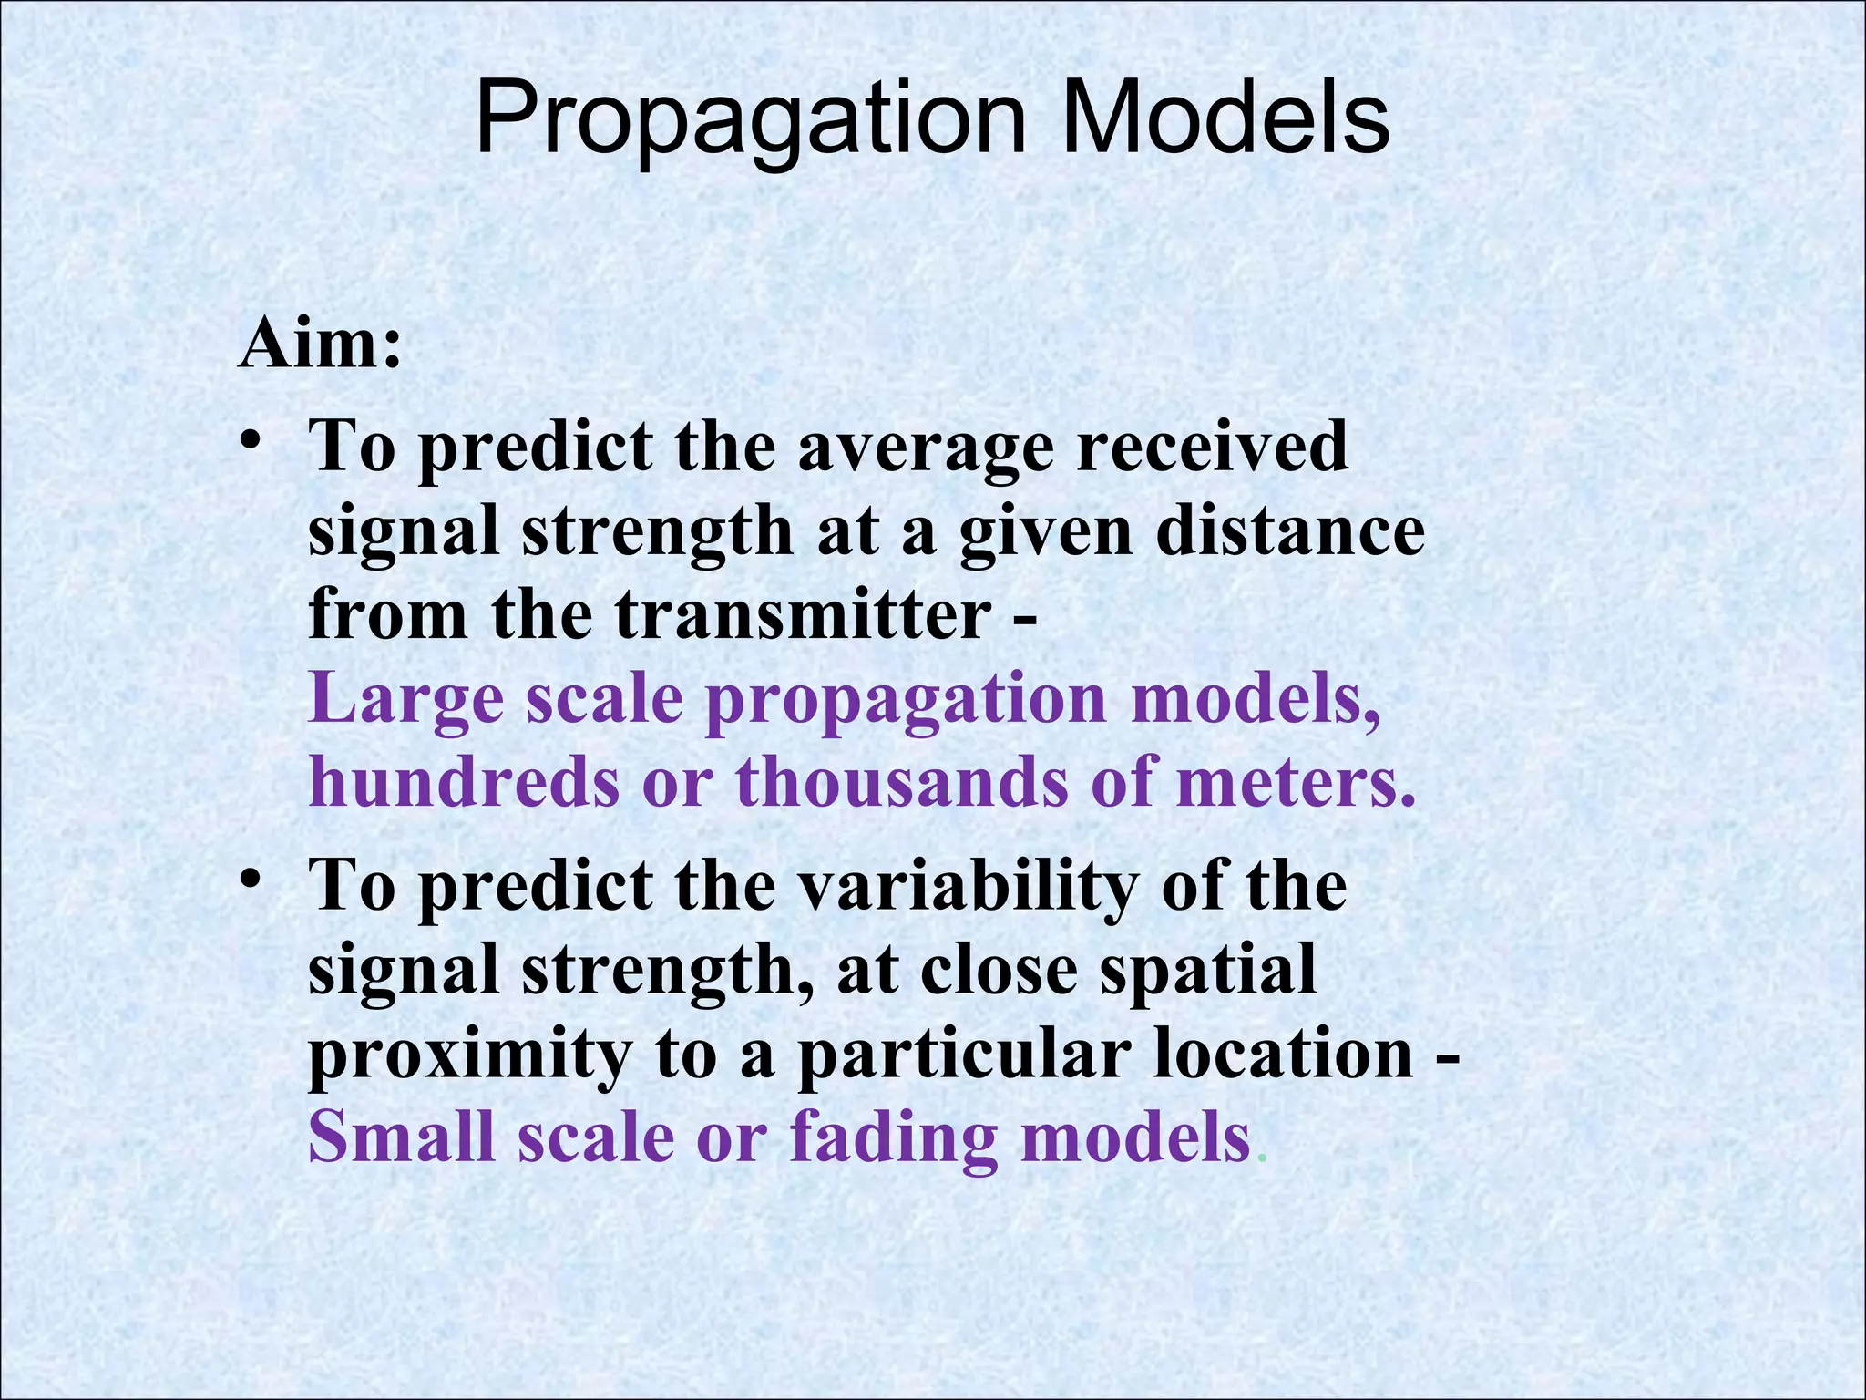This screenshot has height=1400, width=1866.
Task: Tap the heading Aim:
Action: tap(319, 345)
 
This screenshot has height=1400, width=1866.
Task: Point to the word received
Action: tap(1212, 446)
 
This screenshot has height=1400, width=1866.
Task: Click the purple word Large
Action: tap(406, 701)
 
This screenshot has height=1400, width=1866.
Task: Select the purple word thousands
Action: tap(902, 784)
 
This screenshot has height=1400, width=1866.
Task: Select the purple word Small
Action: tap(401, 1138)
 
